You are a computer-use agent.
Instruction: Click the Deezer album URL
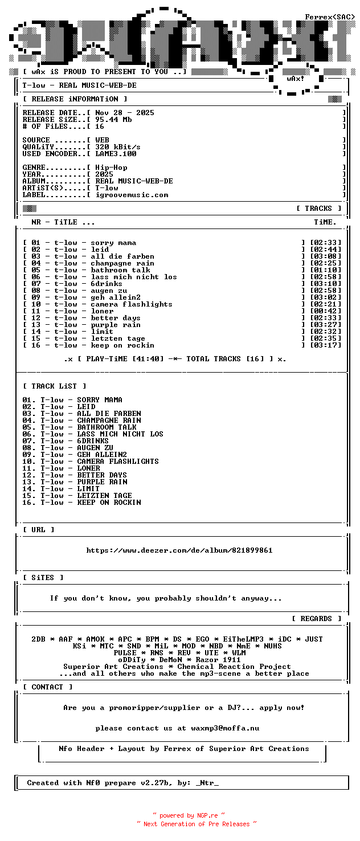click(179, 550)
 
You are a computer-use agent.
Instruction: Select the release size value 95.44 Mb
click(113, 120)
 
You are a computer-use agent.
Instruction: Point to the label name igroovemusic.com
click(132, 195)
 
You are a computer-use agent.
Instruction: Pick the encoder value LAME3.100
click(116, 154)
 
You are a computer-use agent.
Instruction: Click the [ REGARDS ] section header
click(316, 619)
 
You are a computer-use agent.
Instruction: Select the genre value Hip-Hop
click(111, 168)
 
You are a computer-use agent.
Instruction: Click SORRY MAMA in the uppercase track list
click(100, 400)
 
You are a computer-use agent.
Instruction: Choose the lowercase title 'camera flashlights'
click(132, 304)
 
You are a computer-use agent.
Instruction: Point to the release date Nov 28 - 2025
click(125, 113)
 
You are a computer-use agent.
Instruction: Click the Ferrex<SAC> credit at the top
click(330, 17)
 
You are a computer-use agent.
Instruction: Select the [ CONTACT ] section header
click(48, 687)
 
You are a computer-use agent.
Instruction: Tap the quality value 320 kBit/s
click(118, 147)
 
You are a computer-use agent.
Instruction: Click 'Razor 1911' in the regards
click(218, 660)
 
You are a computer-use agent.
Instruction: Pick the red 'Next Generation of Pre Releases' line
click(197, 824)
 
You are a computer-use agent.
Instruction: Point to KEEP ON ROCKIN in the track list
click(109, 503)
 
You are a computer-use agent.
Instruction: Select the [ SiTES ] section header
click(43, 578)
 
